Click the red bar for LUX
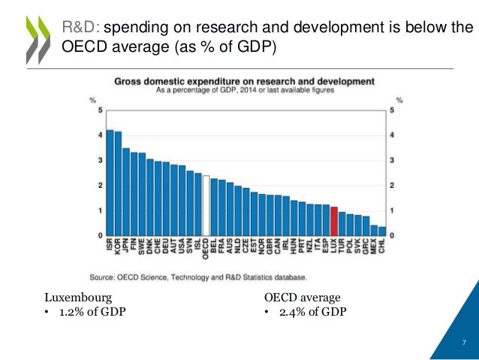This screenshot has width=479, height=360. [334, 221]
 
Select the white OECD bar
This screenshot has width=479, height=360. [206, 205]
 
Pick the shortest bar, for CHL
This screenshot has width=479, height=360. [382, 231]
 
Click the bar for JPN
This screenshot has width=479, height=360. [126, 192]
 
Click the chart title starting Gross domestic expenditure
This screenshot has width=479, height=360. [245, 80]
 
